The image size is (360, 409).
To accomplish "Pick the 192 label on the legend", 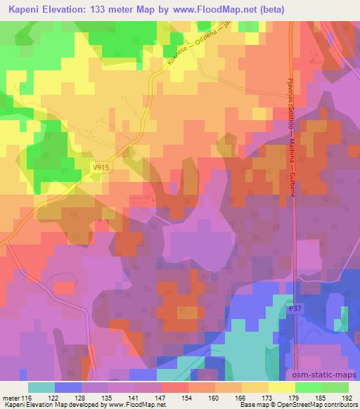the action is pos(347,398).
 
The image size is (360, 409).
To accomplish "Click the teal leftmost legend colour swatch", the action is pos(41,387).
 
